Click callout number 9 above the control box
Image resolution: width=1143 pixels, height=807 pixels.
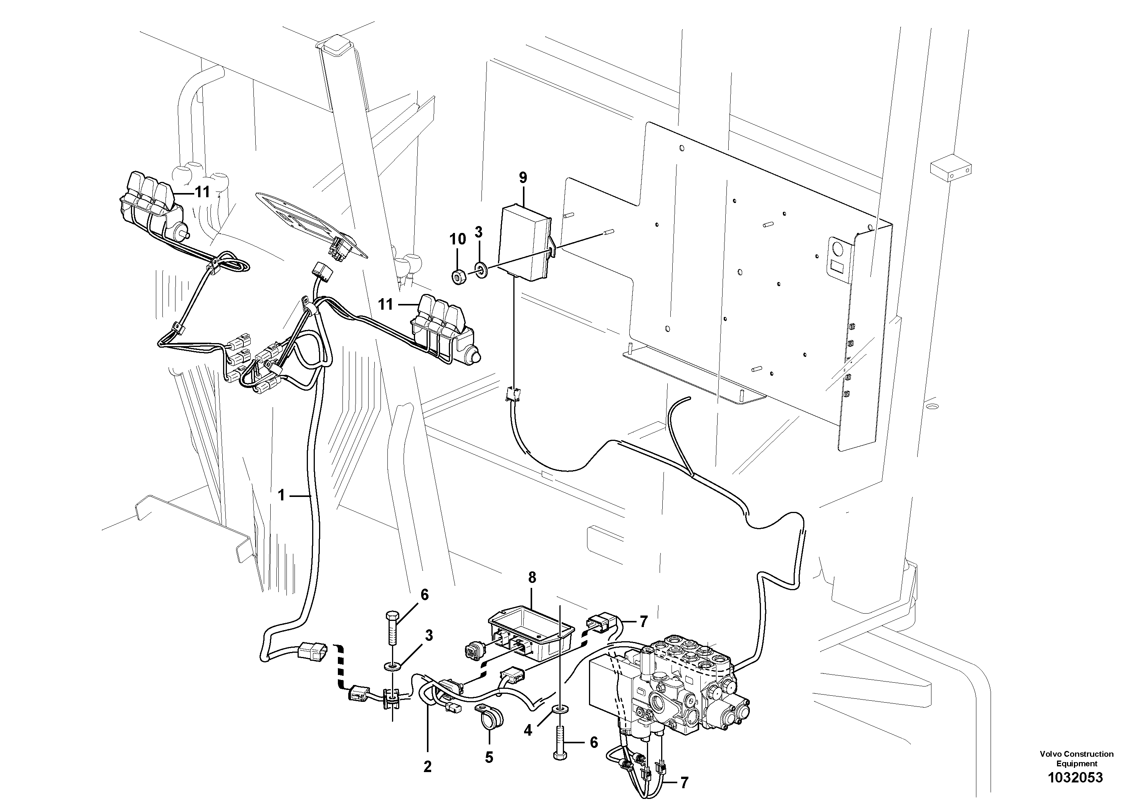click(523, 177)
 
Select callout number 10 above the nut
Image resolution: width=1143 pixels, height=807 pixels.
click(458, 239)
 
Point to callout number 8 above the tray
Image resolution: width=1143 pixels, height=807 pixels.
click(532, 578)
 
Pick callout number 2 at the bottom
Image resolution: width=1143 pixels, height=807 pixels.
click(427, 767)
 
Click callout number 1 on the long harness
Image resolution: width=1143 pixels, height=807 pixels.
click(281, 495)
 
